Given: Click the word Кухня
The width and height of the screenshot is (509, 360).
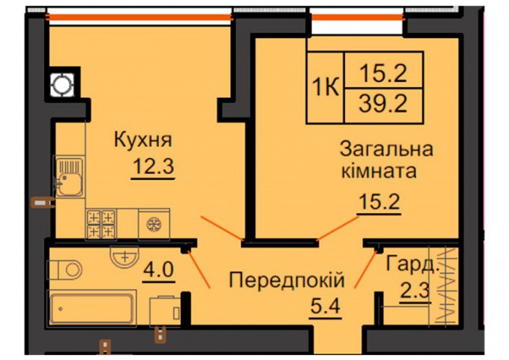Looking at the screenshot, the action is coord(143,140).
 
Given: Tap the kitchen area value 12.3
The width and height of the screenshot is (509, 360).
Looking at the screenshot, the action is coord(153,166).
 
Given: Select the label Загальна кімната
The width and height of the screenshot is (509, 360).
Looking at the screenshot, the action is coord(387,160).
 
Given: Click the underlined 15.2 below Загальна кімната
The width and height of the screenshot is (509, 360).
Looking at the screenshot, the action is coord(379,202).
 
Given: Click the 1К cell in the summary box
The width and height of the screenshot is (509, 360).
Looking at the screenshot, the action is coord(325,87).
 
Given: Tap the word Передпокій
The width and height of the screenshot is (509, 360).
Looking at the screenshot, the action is coord(287,280).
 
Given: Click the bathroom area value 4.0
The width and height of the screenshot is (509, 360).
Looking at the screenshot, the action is coord(158,270).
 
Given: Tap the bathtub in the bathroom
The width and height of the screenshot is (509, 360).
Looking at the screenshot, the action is coord(92,307).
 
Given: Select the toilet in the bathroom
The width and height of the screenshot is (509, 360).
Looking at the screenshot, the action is coord(65,270).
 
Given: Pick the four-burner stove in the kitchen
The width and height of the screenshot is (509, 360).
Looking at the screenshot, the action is coord(102,225).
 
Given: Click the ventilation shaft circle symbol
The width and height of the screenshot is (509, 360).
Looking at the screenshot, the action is coord(62,85).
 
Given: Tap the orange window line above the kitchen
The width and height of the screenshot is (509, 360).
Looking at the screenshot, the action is coord(140,17).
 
